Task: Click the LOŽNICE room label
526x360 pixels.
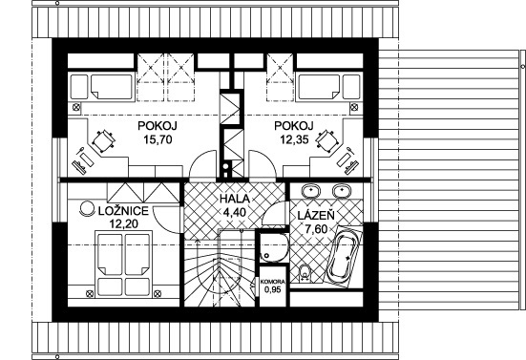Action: (123, 211)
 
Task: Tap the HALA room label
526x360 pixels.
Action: (235, 199)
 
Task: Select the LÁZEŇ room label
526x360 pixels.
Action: (316, 215)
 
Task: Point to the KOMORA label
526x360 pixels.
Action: (273, 282)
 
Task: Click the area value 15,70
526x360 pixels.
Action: (158, 138)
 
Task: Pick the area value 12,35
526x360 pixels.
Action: (295, 138)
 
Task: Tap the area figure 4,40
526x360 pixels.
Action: (235, 212)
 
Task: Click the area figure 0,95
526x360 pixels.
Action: (273, 289)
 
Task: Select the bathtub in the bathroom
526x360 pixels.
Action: (346, 256)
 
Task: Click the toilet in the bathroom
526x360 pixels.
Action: (305, 272)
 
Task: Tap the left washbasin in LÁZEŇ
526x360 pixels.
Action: (311, 191)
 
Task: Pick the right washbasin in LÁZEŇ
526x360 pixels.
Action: (342, 191)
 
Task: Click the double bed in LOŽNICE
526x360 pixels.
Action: (123, 265)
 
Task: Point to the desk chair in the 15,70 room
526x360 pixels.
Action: (104, 142)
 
